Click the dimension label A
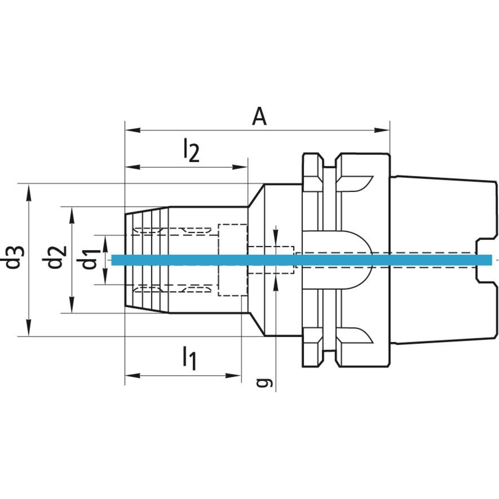(x=259, y=119)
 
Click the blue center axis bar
(x=301, y=260)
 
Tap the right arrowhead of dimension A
(x=382, y=130)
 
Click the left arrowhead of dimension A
(x=133, y=130)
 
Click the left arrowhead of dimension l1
(x=133, y=376)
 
